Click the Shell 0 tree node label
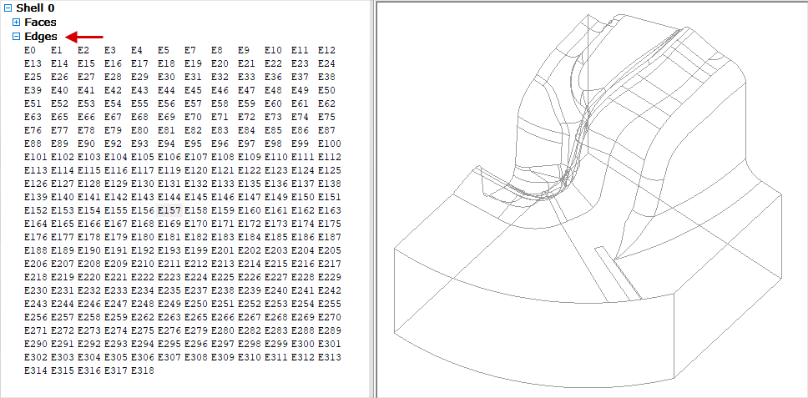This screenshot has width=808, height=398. coord(35,8)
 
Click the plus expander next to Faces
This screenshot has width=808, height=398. coord(16,23)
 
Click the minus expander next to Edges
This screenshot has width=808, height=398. coord(16,37)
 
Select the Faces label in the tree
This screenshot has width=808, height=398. coord(40,23)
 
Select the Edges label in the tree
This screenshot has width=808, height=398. coord(41,37)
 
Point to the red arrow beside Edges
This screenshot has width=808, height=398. coord(85,37)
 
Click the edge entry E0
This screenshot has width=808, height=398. coord(31,50)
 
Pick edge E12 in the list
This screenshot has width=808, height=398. coord(326,50)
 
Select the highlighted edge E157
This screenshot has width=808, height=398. coord(169,210)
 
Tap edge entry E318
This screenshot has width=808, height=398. coord(142,370)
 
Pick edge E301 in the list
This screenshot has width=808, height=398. coord(329,344)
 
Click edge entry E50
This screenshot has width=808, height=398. coord(326,90)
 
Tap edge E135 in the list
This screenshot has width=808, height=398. coord(249,184)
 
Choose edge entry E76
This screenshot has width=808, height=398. coord(33,130)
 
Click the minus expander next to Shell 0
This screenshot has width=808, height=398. coord(7,8)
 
